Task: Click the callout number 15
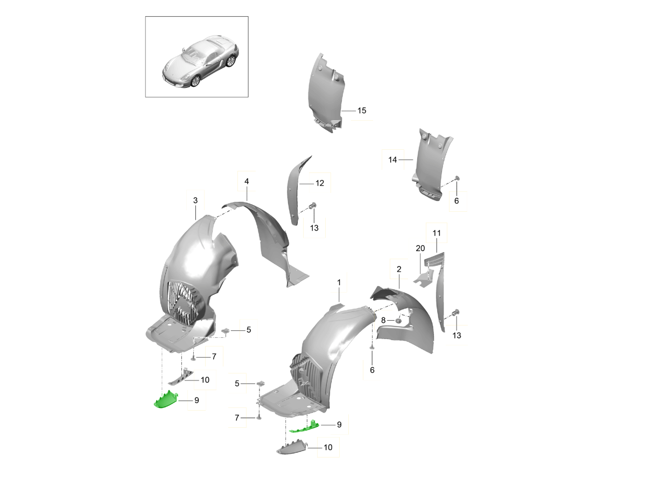(361, 110)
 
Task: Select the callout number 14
(392, 160)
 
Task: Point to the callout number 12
(319, 183)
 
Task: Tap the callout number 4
(247, 182)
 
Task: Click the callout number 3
(195, 200)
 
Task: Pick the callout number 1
(339, 282)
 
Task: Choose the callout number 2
(399, 268)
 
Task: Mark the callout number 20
(420, 248)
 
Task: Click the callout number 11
(436, 233)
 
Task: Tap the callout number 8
(383, 320)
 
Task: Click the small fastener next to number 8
(399, 321)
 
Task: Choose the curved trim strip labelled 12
(293, 189)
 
